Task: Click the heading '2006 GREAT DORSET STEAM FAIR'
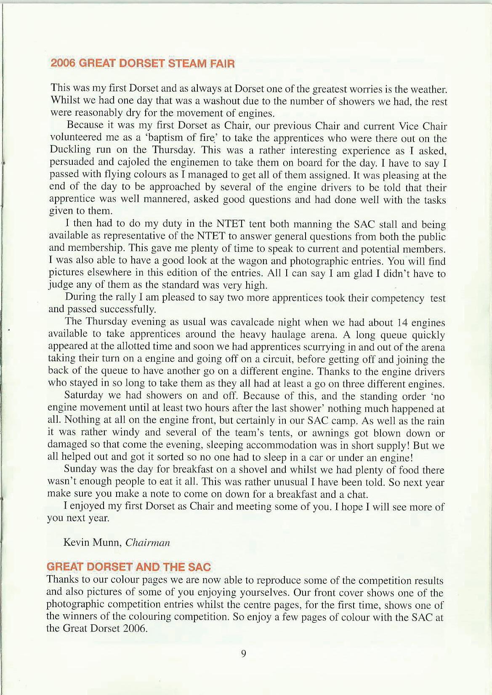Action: [142, 64]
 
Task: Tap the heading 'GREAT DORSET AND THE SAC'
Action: [129, 567]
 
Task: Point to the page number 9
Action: [244, 653]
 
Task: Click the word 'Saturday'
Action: [83, 396]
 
